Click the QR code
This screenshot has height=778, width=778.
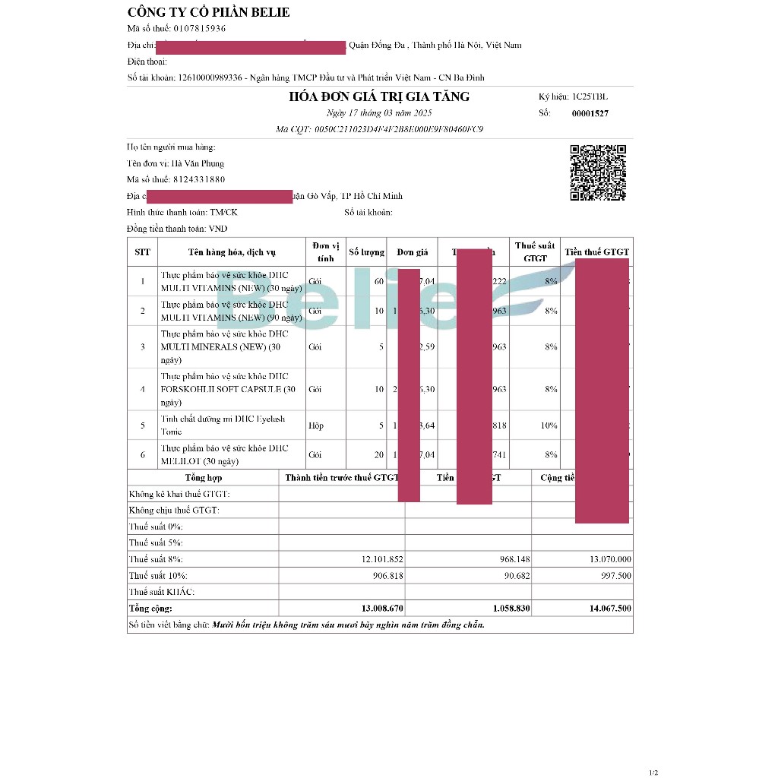tap(598, 172)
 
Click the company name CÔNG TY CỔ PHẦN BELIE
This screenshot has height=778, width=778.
tap(208, 12)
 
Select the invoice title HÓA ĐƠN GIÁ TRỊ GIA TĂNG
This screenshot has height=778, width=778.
tap(379, 96)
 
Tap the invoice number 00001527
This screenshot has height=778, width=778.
tap(590, 114)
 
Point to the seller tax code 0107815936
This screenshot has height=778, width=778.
tap(200, 29)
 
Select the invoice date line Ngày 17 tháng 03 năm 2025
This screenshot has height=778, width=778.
tap(379, 113)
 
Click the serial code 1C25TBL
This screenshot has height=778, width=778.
tap(590, 97)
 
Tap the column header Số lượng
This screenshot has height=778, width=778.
tap(367, 252)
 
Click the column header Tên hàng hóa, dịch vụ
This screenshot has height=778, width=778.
tap(232, 252)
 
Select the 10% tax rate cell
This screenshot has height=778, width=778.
tap(549, 425)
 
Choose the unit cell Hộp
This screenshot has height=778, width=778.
tap(316, 425)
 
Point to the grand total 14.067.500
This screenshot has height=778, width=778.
tap(610, 609)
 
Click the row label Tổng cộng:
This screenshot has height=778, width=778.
tap(150, 609)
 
